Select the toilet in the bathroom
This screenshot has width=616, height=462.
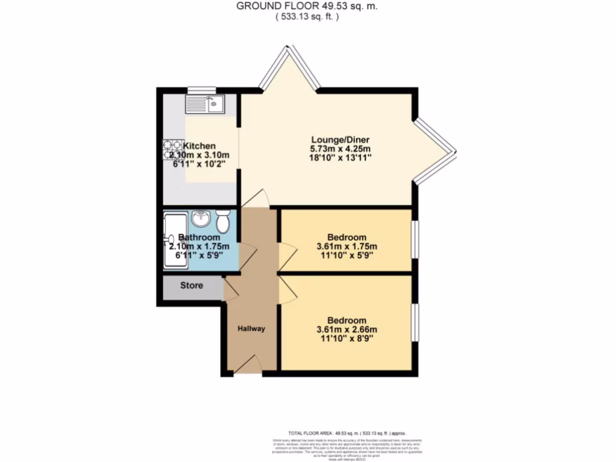(223, 221)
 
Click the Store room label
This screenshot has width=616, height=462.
(192, 285)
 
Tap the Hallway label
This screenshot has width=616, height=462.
(251, 328)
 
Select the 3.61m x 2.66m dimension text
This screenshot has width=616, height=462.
(347, 329)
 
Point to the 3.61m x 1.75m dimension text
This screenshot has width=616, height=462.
(347, 246)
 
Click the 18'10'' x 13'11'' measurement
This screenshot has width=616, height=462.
(340, 158)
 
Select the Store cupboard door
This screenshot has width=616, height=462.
(231, 289)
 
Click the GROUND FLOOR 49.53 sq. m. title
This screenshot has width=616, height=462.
(307, 6)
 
